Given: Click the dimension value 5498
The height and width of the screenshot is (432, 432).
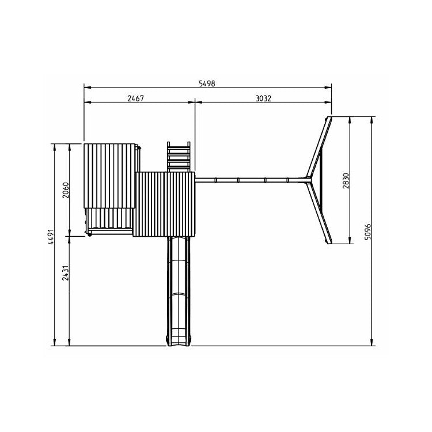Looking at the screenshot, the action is pyautogui.click(x=207, y=83).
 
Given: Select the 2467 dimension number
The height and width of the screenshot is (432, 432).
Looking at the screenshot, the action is pyautogui.click(x=135, y=98).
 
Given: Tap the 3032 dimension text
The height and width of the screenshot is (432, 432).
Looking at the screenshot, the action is pyautogui.click(x=263, y=98).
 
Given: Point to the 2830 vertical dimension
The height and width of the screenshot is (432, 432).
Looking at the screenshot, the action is pyautogui.click(x=346, y=180).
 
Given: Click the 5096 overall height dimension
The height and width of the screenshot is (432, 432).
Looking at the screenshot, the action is pyautogui.click(x=368, y=232).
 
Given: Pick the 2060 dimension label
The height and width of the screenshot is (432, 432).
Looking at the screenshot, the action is pyautogui.click(x=66, y=190).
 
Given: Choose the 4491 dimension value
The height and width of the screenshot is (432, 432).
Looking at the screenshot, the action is pyautogui.click(x=51, y=237).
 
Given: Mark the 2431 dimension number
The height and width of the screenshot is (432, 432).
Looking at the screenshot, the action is pyautogui.click(x=65, y=273).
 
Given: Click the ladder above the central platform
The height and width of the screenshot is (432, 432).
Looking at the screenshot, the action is pyautogui.click(x=179, y=157).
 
